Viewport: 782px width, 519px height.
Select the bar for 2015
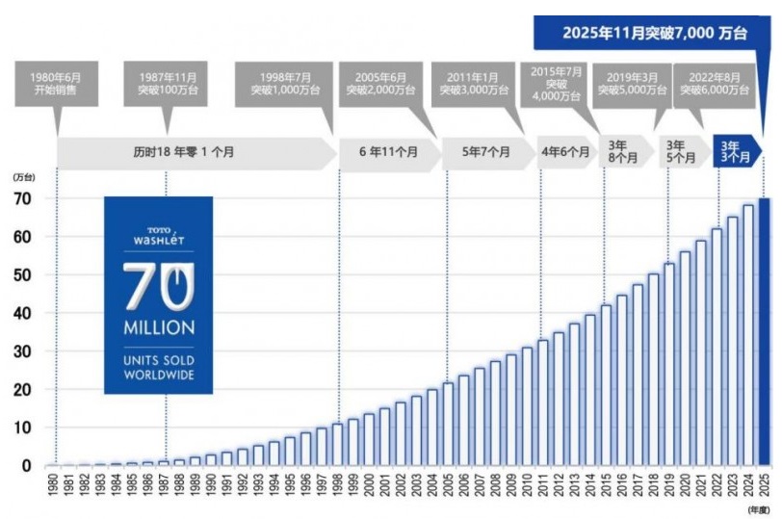click(606, 385)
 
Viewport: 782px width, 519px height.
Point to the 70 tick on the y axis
click(22, 198)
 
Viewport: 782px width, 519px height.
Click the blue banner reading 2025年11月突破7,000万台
click(653, 33)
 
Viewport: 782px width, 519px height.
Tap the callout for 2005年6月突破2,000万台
click(381, 84)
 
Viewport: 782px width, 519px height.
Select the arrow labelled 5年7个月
click(481, 152)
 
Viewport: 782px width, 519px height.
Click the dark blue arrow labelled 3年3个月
click(735, 152)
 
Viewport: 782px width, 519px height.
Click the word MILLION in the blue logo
click(159, 328)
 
